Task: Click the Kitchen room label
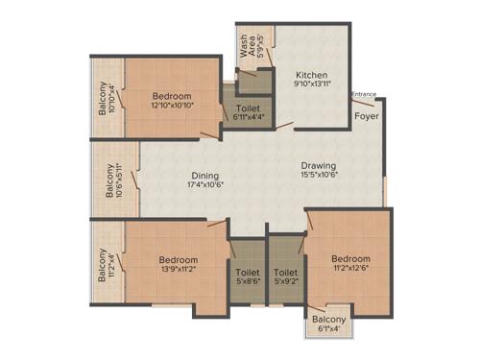coord(311,74)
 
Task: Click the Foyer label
coord(366,116)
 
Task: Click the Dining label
coord(204,176)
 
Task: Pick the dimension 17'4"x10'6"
coord(204,186)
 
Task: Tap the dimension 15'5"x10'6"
coord(317,176)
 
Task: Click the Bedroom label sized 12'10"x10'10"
coord(172,96)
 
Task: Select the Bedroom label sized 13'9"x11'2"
coord(179,260)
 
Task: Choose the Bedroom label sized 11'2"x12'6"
coord(351,258)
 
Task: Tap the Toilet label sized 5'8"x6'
coord(247,273)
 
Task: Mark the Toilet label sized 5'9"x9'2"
coord(285,273)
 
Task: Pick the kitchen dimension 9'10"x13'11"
coord(312,84)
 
